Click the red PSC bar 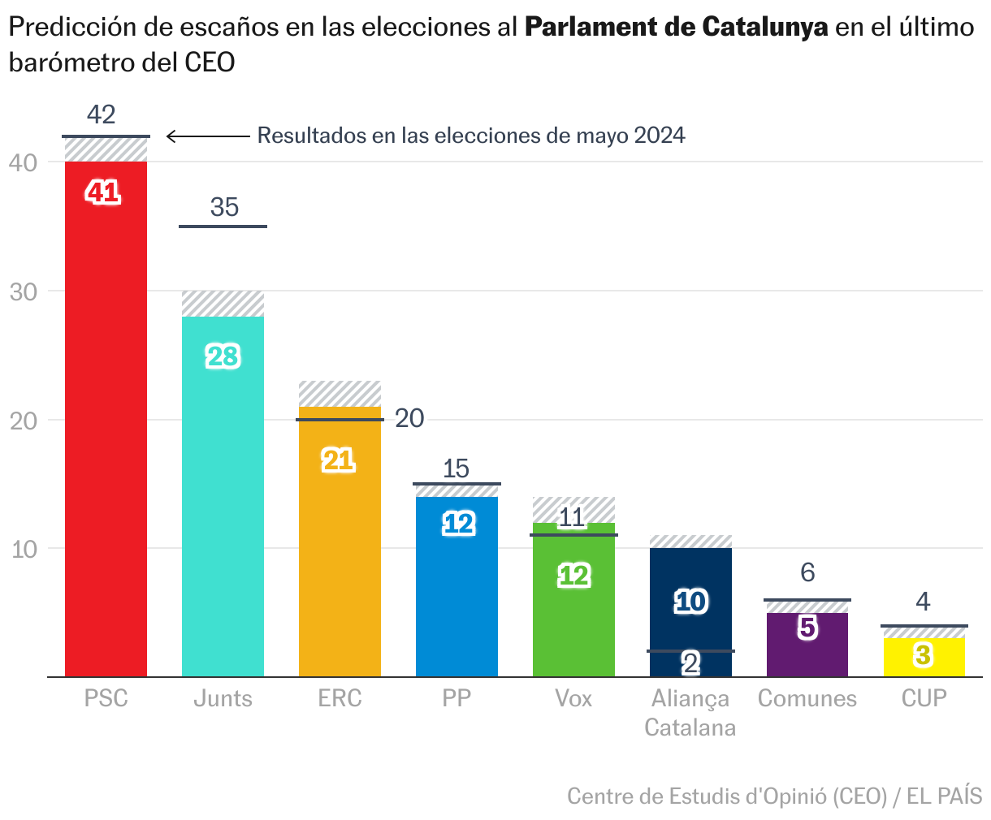[106, 422]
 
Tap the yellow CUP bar [924, 658]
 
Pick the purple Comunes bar [807, 645]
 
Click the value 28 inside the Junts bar [223, 356]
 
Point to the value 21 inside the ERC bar [339, 460]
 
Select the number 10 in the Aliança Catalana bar [691, 602]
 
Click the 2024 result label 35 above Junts [224, 208]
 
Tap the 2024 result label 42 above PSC [102, 114]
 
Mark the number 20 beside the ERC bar [409, 418]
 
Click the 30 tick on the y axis [24, 291]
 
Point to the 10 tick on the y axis [24, 549]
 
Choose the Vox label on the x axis [573, 698]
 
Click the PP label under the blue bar [457, 698]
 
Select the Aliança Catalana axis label [690, 712]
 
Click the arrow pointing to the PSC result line [207, 136]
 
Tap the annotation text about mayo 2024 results [471, 136]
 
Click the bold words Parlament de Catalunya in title [676, 28]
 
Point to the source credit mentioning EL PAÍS [774, 796]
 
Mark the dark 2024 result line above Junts [223, 226]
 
